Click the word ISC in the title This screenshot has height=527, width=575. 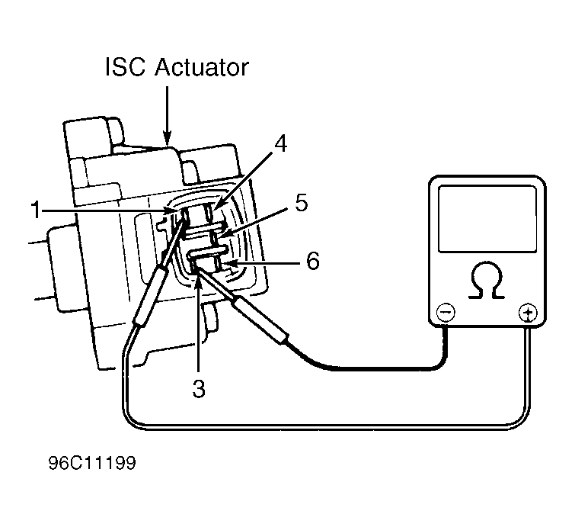click(x=125, y=67)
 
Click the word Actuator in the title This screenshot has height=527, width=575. click(x=202, y=67)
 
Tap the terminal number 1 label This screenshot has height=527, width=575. click(x=36, y=210)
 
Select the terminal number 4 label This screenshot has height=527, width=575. click(x=281, y=143)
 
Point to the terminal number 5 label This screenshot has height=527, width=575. click(x=302, y=202)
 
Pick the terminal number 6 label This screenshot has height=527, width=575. click(x=313, y=261)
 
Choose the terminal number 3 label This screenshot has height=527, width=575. click(x=199, y=388)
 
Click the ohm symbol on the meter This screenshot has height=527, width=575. click(x=487, y=280)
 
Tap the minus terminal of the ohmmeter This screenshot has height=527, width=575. click(x=446, y=313)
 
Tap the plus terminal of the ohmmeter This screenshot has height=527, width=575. click(x=528, y=313)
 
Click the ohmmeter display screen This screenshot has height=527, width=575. click(x=487, y=219)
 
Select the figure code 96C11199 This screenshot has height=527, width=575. click(x=92, y=463)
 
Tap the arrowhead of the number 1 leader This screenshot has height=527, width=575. click(x=171, y=210)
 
